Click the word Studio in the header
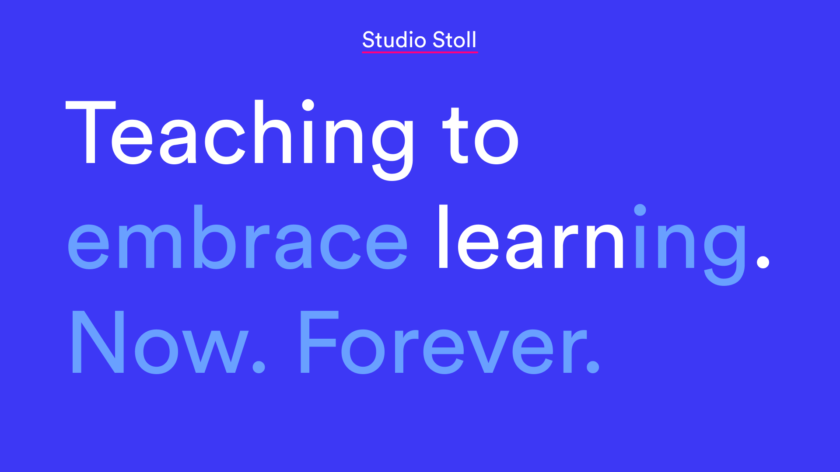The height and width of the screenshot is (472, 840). tap(394, 40)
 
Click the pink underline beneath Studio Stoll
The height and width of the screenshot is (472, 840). tap(420, 52)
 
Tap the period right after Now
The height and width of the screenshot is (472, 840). tap(259, 366)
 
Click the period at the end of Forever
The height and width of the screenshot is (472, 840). tap(593, 366)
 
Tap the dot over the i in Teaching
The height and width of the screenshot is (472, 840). tap(308, 105)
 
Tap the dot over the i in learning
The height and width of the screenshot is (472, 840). tap(640, 210)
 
